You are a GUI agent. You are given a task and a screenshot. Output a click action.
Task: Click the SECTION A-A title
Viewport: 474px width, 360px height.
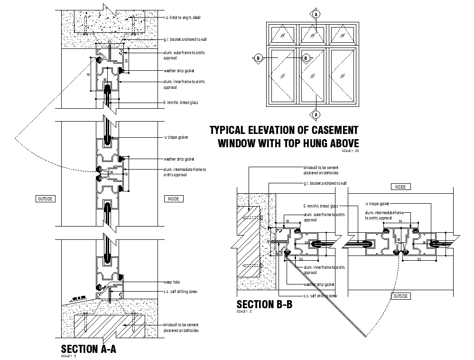(x=88, y=349)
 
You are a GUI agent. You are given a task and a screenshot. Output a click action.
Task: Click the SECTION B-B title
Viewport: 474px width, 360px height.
(x=264, y=304)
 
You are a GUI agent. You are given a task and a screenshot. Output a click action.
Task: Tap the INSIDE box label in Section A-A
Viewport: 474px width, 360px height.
(x=174, y=199)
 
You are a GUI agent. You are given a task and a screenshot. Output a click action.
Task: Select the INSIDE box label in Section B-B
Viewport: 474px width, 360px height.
(x=400, y=187)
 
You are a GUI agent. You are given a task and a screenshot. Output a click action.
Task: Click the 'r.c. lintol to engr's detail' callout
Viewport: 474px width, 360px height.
(x=182, y=18)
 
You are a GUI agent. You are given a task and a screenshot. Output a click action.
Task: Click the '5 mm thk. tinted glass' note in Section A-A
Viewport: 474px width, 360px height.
(x=181, y=103)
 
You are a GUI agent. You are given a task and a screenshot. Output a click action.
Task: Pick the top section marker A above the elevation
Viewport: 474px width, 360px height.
(x=315, y=14)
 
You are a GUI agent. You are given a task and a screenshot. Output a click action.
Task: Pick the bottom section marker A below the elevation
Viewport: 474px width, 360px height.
(x=315, y=114)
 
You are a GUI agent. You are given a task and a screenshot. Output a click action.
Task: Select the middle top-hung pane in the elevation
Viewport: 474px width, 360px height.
(x=313, y=35)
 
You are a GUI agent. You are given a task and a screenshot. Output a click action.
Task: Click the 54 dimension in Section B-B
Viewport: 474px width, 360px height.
(x=400, y=221)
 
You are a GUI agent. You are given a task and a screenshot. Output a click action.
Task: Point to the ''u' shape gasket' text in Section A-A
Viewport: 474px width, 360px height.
(x=176, y=137)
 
